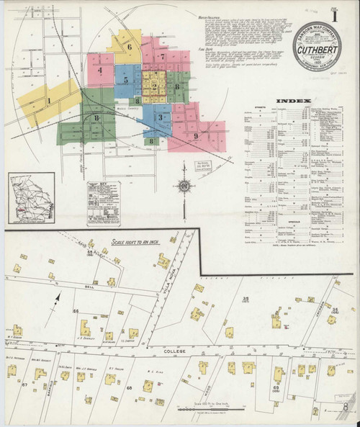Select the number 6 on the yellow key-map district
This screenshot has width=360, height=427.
click(130, 48)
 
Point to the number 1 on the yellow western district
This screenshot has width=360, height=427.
click(48, 101)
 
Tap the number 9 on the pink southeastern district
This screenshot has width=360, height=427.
click(194, 135)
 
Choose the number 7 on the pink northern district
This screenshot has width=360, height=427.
click(163, 56)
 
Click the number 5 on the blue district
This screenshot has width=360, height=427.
click(125, 81)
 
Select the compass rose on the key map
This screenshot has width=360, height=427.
click(184, 189)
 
